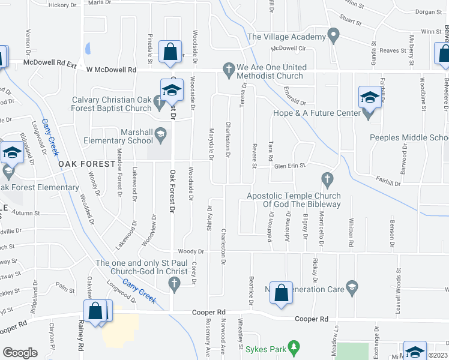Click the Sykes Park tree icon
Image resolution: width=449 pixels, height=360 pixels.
pyautogui.click(x=294, y=346)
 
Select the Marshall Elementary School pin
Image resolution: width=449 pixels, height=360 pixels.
pyautogui.click(x=160, y=137)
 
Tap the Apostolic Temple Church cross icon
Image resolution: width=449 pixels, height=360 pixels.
pyautogui.click(x=327, y=178)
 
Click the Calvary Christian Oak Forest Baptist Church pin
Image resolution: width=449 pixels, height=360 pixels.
pyautogui.click(x=159, y=102)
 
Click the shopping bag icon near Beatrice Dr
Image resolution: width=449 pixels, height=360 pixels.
pyautogui.click(x=280, y=293)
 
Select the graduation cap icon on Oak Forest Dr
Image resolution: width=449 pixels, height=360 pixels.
pyautogui.click(x=172, y=91)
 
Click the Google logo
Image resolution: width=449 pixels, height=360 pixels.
pyautogui.click(x=20, y=352)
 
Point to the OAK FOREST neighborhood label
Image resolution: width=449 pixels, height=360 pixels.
pyautogui.click(x=86, y=163)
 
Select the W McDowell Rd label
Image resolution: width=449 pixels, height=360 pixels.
pyautogui.click(x=111, y=70)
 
